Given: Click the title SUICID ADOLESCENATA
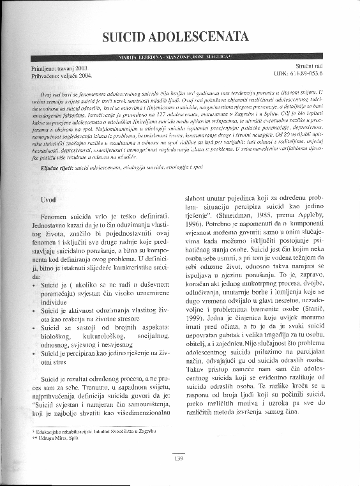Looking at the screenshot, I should pos(179,35).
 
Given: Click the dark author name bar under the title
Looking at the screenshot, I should pos(179,57).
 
